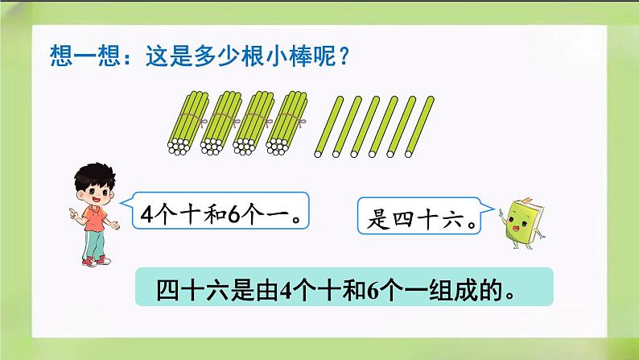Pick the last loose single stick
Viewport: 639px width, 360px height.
click(416, 125)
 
